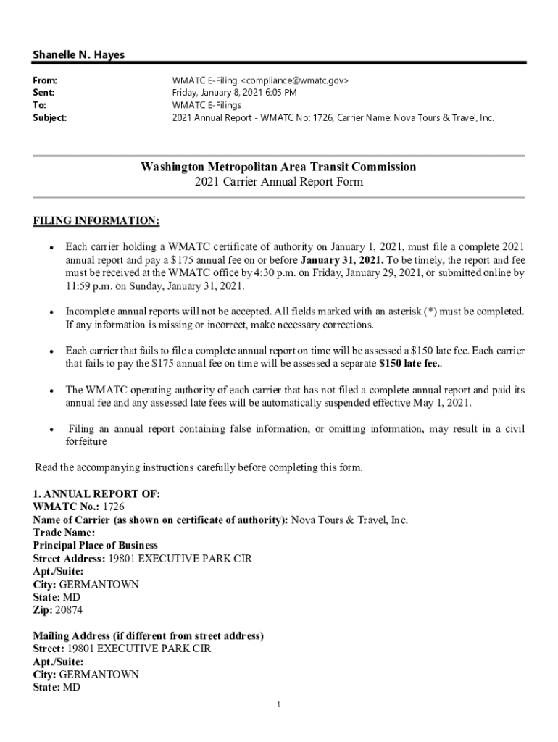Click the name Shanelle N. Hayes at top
78,55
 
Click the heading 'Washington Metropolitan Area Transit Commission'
278,167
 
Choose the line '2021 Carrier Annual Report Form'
278,182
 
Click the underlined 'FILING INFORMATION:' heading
96,220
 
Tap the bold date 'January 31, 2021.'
343,259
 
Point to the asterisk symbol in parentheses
428,312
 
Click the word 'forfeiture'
86,441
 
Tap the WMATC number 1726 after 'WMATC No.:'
113,507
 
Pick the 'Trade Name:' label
64,533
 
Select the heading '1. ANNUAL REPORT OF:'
96,493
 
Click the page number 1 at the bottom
278,705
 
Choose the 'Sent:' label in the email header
44,93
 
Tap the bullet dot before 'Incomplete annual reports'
52,312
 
